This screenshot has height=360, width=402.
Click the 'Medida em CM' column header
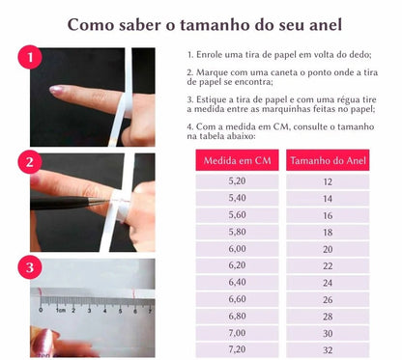point(236,159)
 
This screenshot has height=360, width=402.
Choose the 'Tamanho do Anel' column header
point(328,159)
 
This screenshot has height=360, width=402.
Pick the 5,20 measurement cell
point(236,181)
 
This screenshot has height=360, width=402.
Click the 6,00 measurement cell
point(236,249)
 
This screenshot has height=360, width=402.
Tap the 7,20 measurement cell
point(236,349)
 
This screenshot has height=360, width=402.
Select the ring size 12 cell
point(328,181)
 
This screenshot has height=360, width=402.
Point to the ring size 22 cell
point(328,265)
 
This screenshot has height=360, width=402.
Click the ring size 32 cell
point(328,349)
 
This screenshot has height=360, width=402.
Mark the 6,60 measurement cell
point(236,299)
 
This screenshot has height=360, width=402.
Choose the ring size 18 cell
point(328,232)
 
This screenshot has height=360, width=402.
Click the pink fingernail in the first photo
point(57,90)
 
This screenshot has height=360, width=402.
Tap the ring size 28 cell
point(328,316)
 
